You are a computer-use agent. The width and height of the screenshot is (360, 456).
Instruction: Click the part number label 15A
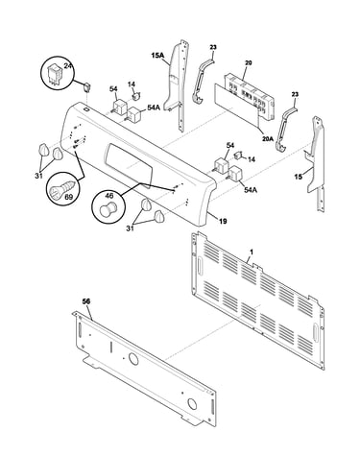pyautogui.click(x=157, y=56)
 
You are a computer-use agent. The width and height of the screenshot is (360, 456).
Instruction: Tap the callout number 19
pyautogui.click(x=223, y=221)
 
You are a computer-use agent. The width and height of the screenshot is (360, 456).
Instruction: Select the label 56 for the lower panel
pyautogui.click(x=86, y=301)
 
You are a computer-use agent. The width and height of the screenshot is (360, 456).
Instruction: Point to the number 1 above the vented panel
pyautogui.click(x=252, y=252)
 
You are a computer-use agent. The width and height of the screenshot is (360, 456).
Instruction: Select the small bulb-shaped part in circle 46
pyautogui.click(x=108, y=208)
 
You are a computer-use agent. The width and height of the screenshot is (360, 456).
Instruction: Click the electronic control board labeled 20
pyautogui.click(x=250, y=97)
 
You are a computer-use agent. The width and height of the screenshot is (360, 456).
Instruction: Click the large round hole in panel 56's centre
pyautogui.click(x=133, y=359)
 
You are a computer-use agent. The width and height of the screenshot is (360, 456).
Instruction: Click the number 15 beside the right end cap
pyautogui.click(x=298, y=176)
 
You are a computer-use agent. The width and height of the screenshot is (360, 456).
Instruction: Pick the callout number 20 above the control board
pyautogui.click(x=248, y=63)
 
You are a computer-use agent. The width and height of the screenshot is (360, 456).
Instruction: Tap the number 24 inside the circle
pyautogui.click(x=67, y=65)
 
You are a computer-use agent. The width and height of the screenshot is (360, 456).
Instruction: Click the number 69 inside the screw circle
pyautogui.click(x=68, y=198)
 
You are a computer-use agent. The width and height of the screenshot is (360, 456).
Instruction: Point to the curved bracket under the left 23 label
pyautogui.click(x=203, y=81)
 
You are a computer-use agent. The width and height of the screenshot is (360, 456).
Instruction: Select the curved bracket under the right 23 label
pyautogui.click(x=286, y=128)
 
